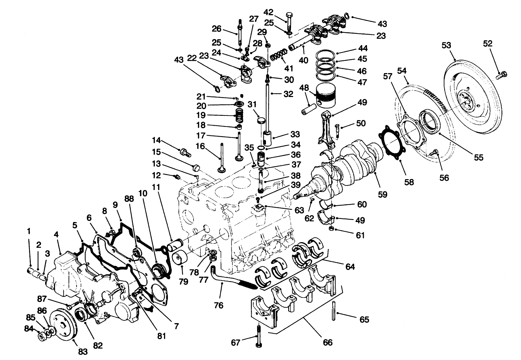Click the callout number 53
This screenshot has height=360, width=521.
tap(455, 46)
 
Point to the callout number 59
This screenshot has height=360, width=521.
tap(382, 194)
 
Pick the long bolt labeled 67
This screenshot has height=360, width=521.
tap(258, 336)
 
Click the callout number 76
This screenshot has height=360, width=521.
tap(218, 305)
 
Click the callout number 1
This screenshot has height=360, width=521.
tap(29, 231)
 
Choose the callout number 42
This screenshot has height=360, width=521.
tap(268, 12)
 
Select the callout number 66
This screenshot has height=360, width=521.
tap(328, 342)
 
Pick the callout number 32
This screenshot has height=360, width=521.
tap(288, 94)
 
